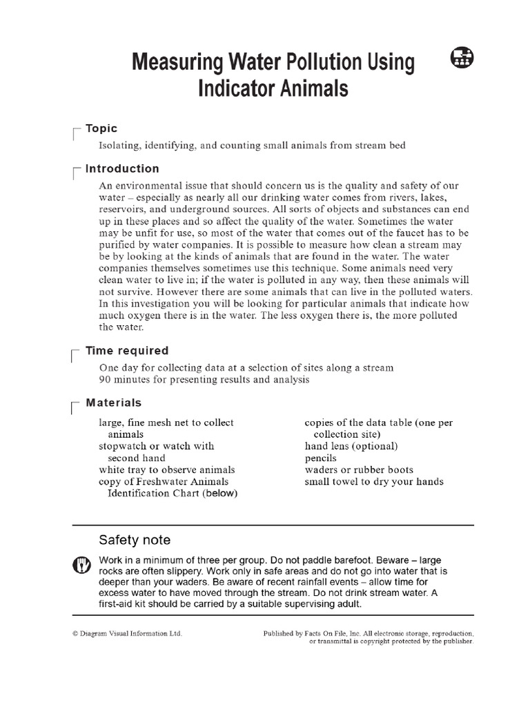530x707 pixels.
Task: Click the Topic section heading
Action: pos(101,128)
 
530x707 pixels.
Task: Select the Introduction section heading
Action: pos(121,168)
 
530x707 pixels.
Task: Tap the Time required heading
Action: pos(127,351)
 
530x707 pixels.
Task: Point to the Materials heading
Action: pos(113,403)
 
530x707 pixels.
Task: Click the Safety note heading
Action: pos(135,540)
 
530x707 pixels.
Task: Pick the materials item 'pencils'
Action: pos(321,458)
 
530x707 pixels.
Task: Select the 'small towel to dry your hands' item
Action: pos(374,481)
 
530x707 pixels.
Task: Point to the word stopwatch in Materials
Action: pos(123,446)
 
